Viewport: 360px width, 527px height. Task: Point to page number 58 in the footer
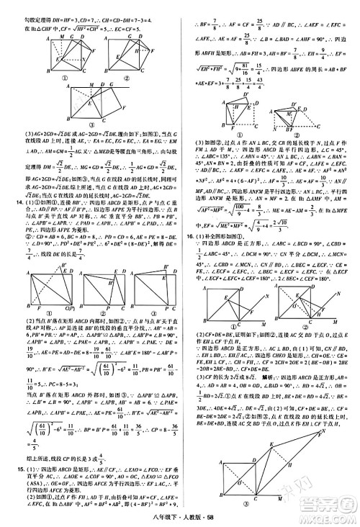click(x=230, y=517)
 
